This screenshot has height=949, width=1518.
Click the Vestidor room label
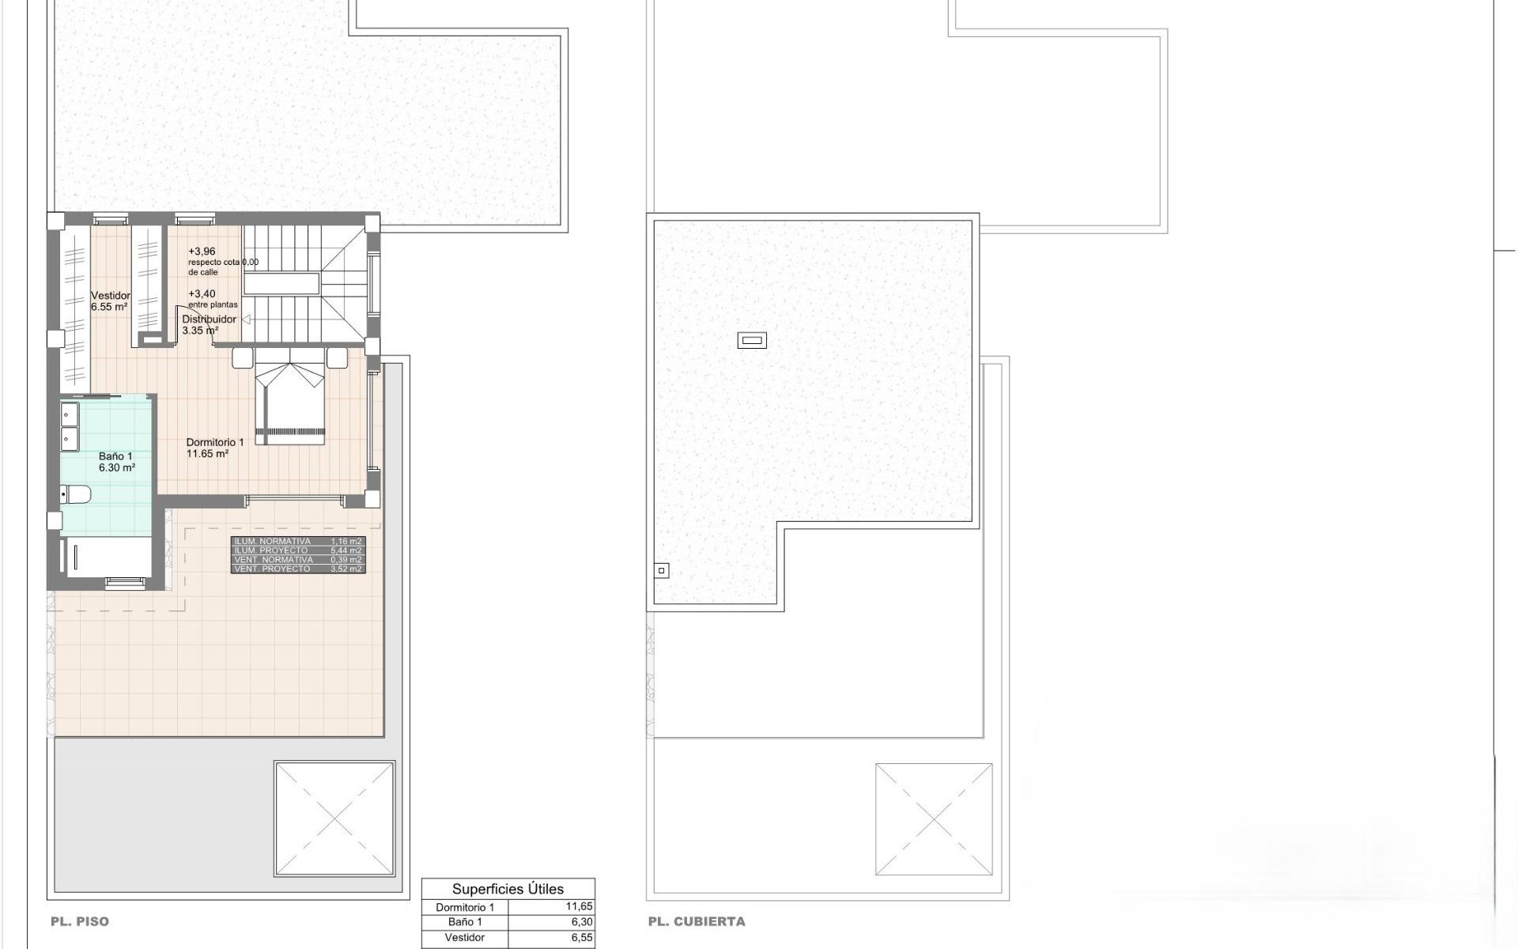coord(110,296)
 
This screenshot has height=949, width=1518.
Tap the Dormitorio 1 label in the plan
coord(214,443)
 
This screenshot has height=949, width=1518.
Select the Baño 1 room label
coord(115,456)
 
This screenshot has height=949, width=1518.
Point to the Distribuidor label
coord(209,319)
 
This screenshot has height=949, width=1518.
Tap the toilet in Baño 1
coord(77,495)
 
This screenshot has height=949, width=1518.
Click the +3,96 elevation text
coord(202,251)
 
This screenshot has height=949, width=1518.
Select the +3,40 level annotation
coord(202,294)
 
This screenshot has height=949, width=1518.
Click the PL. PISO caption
coord(80,921)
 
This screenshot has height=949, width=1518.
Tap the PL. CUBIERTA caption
coord(696,921)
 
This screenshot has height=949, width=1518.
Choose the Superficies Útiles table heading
coord(508,889)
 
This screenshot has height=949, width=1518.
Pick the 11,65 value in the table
coord(579,907)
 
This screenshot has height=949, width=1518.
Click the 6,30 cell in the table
coord(581,922)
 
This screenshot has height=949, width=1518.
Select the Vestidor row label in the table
coord(464,938)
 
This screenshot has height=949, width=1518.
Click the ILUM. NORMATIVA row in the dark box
coord(298,542)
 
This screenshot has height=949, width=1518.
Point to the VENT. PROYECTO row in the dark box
coord(298,569)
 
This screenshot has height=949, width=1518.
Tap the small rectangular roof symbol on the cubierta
coord(752,341)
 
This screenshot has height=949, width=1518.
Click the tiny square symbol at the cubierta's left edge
coord(662,570)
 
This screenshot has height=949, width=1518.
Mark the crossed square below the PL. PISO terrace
coord(334,819)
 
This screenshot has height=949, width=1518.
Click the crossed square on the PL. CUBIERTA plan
coord(934,819)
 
